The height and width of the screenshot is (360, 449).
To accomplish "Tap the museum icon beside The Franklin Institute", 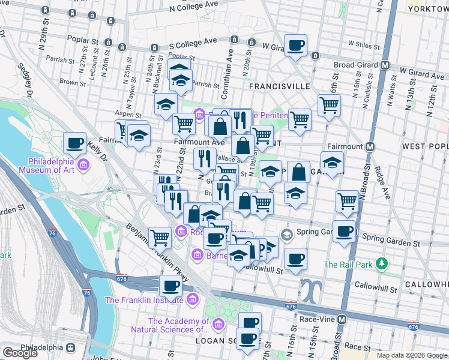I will [x=192, y=299].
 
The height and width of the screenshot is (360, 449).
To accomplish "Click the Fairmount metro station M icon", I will [x=370, y=146].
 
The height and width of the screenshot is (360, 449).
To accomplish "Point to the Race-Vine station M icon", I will [x=342, y=319].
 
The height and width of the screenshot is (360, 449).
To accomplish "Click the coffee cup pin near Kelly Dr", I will [x=75, y=143].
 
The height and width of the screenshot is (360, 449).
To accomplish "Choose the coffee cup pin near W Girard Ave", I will [x=295, y=45].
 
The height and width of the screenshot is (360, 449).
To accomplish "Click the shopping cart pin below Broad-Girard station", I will [x=329, y=105].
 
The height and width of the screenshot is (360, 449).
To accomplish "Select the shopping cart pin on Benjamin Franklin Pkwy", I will [x=160, y=238].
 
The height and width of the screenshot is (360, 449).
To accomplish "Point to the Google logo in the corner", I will [x=20, y=353].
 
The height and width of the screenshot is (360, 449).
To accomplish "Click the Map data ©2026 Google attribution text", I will [x=412, y=355].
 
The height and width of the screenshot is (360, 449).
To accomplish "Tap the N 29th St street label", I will [x=43, y=39].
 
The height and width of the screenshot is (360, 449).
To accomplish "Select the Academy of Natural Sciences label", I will [x=170, y=325].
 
